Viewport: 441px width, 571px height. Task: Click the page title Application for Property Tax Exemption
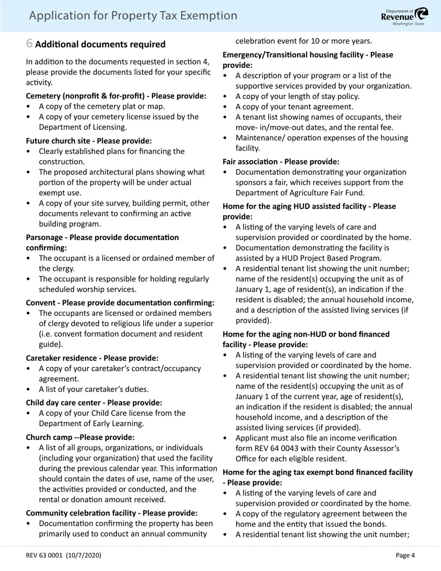point(133,16)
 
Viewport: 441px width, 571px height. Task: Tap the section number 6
point(29,44)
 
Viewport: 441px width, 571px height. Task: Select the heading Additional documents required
point(100,45)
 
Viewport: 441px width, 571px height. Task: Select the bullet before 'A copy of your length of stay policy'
point(226,97)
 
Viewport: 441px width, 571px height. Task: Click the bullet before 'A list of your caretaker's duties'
point(29,389)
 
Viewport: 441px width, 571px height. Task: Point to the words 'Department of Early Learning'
point(91,423)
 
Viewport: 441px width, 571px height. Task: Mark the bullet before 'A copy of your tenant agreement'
point(226,107)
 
